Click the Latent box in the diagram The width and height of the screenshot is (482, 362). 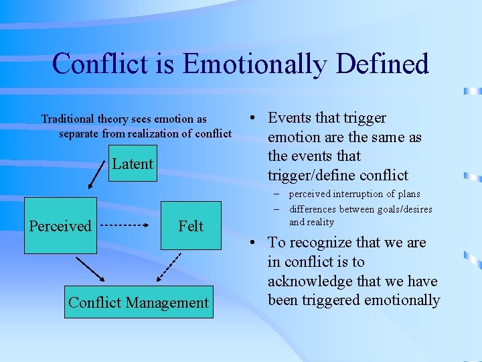point(132,164)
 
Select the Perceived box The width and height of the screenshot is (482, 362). point(60,226)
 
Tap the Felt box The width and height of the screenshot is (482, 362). point(190,227)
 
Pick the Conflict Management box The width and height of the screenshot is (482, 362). point(139,302)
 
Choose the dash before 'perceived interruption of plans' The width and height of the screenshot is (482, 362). point(276,194)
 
